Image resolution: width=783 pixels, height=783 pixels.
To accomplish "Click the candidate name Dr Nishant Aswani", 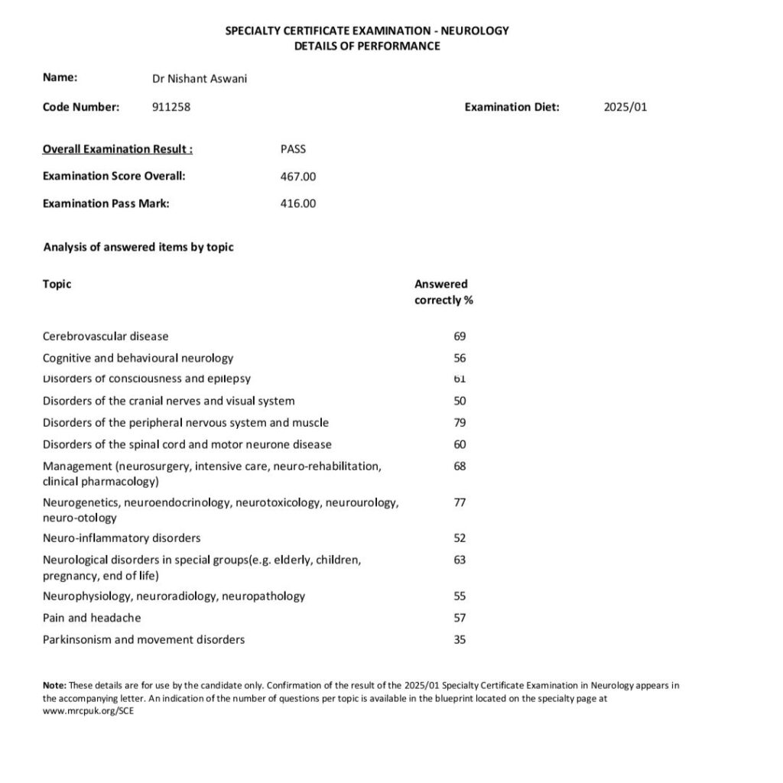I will point(200,78).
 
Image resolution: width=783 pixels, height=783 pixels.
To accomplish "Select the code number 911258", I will point(171,107).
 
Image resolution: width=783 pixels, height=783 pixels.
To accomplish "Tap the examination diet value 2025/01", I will point(625,107).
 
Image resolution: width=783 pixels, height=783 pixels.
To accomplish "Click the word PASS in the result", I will point(293,149).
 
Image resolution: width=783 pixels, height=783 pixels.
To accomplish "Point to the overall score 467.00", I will point(298,177).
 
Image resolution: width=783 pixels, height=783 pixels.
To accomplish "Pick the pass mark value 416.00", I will point(298,203).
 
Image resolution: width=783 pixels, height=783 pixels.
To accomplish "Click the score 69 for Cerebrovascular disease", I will point(460,336).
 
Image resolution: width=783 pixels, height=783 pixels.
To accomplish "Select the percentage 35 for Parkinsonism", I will point(460,640).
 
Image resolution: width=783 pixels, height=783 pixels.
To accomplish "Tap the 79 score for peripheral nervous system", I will point(460,423).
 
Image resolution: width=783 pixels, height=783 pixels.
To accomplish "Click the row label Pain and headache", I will point(92,618).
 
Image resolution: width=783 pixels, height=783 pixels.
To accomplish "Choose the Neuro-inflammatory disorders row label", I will point(122,538).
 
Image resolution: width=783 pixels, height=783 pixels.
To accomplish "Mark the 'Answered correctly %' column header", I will point(443,292).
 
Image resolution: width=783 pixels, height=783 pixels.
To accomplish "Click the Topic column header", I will point(57,284).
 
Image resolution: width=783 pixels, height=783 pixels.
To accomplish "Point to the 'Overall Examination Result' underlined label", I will point(118,149).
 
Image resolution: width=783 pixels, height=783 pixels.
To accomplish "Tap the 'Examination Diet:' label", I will point(512,107).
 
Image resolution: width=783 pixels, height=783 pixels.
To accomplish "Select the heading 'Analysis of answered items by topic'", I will point(138,247).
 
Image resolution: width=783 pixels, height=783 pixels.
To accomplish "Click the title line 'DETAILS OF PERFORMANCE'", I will point(367,46).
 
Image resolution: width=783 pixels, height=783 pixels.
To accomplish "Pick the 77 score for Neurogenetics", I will point(460,502).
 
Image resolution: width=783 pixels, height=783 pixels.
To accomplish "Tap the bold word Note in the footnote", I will point(55,685).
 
